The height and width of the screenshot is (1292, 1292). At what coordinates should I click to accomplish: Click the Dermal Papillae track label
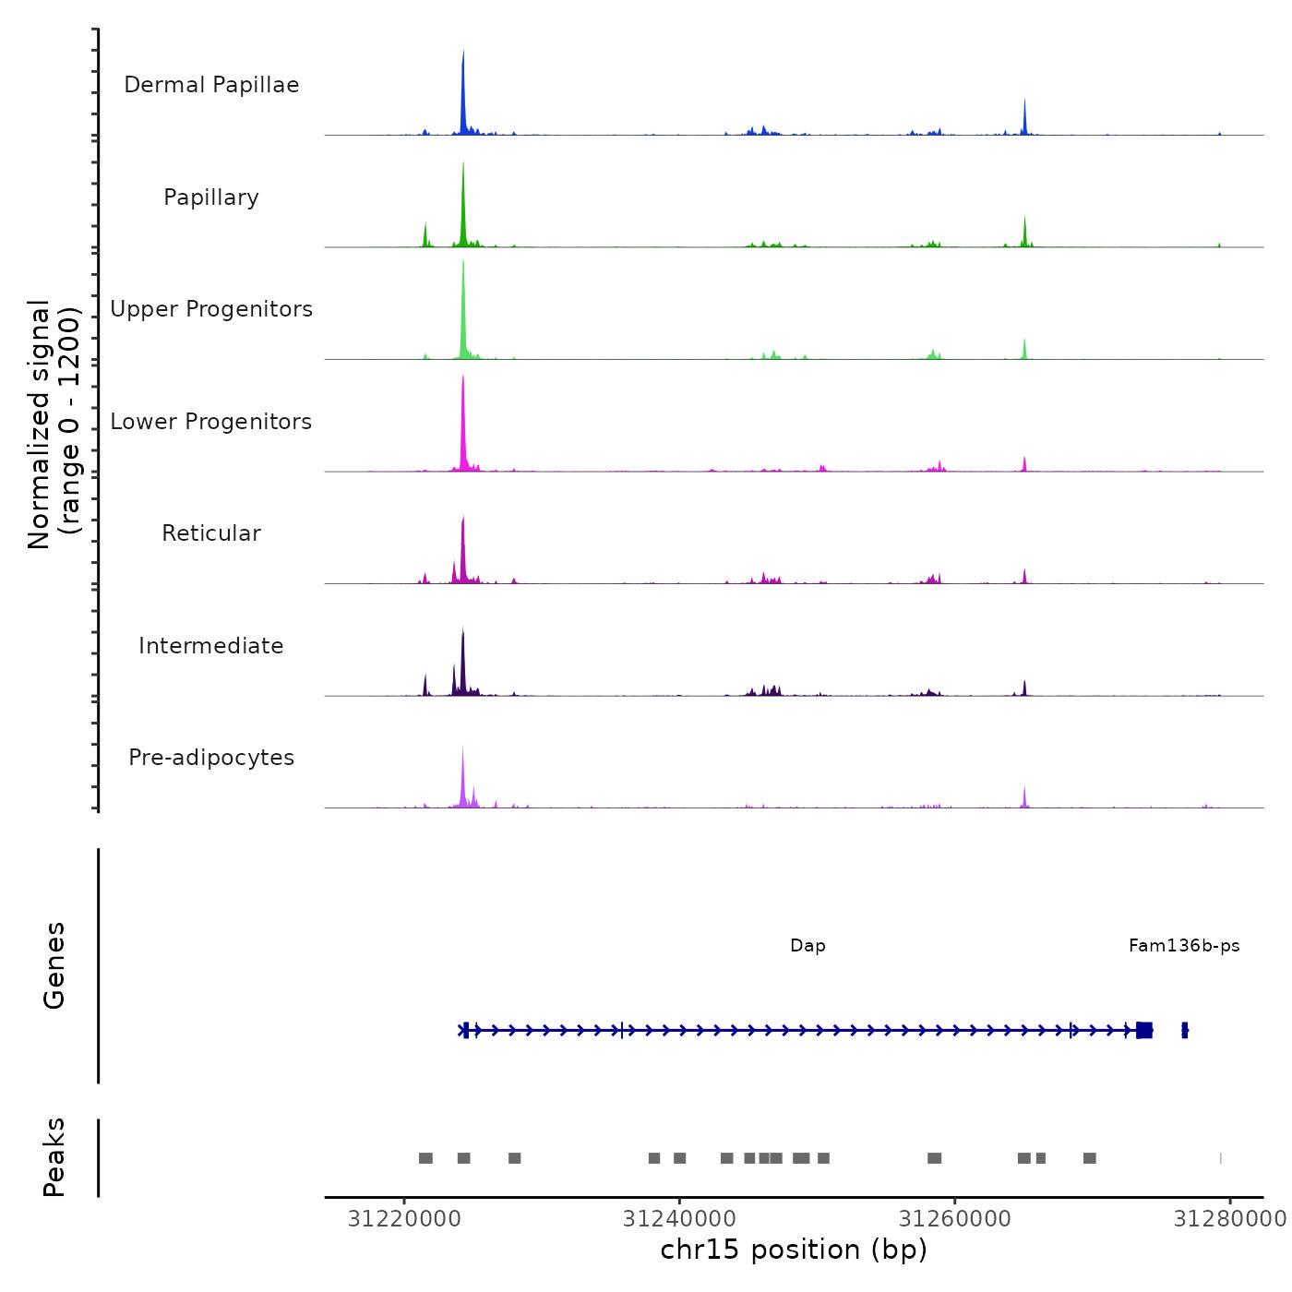(x=211, y=85)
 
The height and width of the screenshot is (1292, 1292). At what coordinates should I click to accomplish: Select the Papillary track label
(x=211, y=197)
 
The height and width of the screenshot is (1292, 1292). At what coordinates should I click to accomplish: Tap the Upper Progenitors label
(x=211, y=309)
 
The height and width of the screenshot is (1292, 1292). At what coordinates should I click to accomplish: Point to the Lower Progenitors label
(x=211, y=422)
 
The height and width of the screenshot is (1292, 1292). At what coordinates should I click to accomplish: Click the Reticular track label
(x=211, y=533)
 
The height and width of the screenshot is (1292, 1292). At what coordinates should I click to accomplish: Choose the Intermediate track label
(x=211, y=646)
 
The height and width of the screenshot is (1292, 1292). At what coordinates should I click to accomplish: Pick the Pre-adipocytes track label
(x=211, y=758)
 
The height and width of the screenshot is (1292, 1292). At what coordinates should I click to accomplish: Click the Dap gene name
(x=807, y=946)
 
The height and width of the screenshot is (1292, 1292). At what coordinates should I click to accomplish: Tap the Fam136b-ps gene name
(x=1184, y=946)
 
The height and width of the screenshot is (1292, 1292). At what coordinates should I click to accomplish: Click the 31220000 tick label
(x=404, y=1219)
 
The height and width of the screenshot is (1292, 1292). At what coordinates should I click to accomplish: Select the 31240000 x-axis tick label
(x=679, y=1219)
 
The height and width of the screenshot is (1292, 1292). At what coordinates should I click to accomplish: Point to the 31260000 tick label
(x=955, y=1219)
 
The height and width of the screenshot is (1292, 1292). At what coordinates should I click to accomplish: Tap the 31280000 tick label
(x=1229, y=1219)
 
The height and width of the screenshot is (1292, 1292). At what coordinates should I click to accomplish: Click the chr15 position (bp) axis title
(x=794, y=1250)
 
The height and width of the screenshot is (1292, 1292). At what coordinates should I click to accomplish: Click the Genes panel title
(x=54, y=965)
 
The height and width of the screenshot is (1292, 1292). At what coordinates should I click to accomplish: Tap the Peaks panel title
(x=54, y=1157)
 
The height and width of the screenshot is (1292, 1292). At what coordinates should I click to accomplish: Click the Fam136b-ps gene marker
(x=1185, y=1030)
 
